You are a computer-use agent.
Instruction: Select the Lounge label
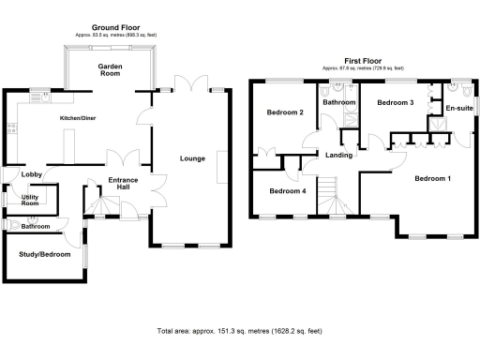pyautogui.click(x=192, y=158)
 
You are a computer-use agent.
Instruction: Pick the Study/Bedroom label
pyautogui.click(x=45, y=253)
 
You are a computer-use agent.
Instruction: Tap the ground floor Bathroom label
pyautogui.click(x=36, y=227)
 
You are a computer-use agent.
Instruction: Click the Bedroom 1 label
pyautogui.click(x=432, y=178)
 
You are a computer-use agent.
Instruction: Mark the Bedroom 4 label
pyautogui.click(x=287, y=191)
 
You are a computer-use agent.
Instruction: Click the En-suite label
pyautogui.click(x=458, y=109)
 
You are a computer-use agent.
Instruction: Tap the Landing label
pyautogui.click(x=337, y=156)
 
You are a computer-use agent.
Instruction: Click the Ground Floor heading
pyautogui.click(x=116, y=28)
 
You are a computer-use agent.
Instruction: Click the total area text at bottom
pyautogui.click(x=239, y=331)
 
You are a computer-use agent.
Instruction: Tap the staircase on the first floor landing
pyautogui.click(x=328, y=199)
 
